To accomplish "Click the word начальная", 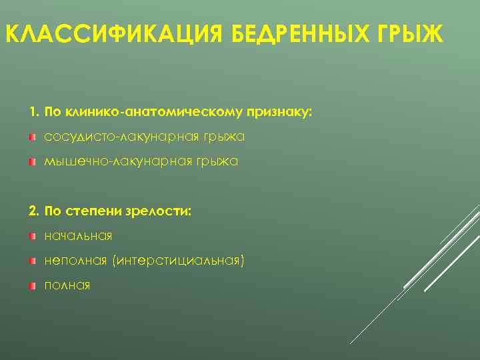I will pyautogui.click(x=78, y=236).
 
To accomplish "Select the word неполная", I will pyautogui.click(x=75, y=261).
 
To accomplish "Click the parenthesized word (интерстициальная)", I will pyautogui.click(x=179, y=261).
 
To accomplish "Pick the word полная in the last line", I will pyautogui.click(x=67, y=286).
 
